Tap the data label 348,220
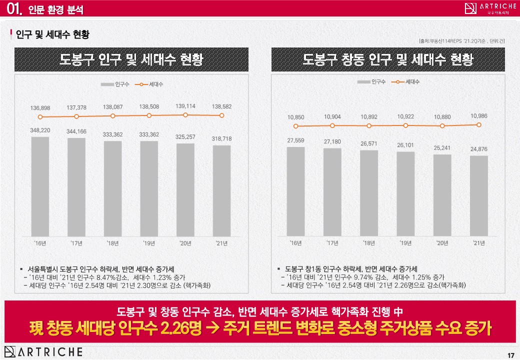(x=40, y=130)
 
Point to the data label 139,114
(x=185, y=106)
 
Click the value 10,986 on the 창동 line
(x=479, y=116)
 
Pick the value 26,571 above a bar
(x=369, y=143)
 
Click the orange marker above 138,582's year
(x=221, y=115)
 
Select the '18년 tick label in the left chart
(x=112, y=243)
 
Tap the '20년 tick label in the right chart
(x=442, y=243)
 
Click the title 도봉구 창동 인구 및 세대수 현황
(x=387, y=60)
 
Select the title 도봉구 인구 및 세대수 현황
(x=131, y=60)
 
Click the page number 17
(x=510, y=355)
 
